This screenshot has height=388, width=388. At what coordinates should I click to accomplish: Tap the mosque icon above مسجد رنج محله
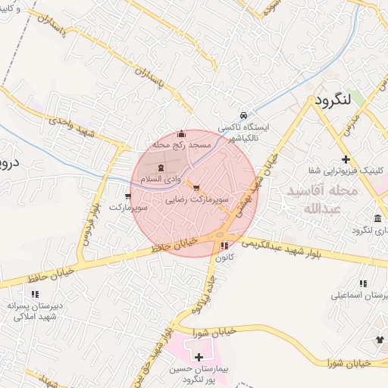tap(180, 134)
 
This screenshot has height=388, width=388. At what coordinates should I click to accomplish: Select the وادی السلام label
tap(162, 179)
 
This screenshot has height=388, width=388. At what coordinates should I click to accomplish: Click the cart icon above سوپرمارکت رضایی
tap(197, 187)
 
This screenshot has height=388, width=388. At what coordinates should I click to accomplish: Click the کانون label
tap(223, 257)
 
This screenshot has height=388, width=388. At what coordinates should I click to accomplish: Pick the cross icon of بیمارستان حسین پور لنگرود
tap(199, 356)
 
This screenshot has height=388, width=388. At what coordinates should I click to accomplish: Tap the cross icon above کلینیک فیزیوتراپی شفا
tap(346, 159)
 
